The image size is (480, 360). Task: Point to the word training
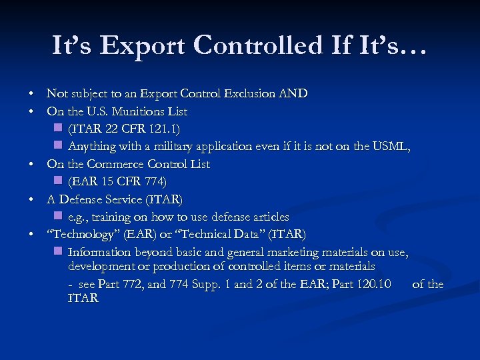[x=111, y=217]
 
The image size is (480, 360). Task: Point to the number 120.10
[x=376, y=284]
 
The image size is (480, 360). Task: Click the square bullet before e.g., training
[x=58, y=216]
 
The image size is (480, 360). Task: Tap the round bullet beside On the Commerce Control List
[x=31, y=164]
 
